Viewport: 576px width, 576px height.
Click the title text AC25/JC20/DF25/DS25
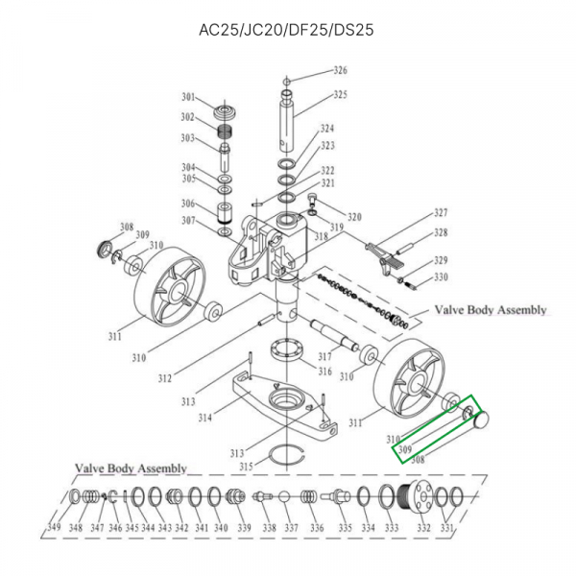pyautogui.click(x=285, y=29)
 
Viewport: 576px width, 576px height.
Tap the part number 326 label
pyautogui.click(x=341, y=71)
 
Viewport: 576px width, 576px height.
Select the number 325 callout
pyautogui.click(x=341, y=95)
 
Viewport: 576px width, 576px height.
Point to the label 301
pyautogui.click(x=189, y=97)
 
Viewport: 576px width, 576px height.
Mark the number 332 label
pyautogui.click(x=423, y=528)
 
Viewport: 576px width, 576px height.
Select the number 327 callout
pyautogui.click(x=442, y=213)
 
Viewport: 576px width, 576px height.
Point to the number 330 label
pyautogui.click(x=441, y=277)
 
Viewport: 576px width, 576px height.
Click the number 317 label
pyautogui.click(x=324, y=356)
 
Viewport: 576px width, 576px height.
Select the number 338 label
pyautogui.click(x=269, y=528)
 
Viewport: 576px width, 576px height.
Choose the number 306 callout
pyautogui.click(x=188, y=204)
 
